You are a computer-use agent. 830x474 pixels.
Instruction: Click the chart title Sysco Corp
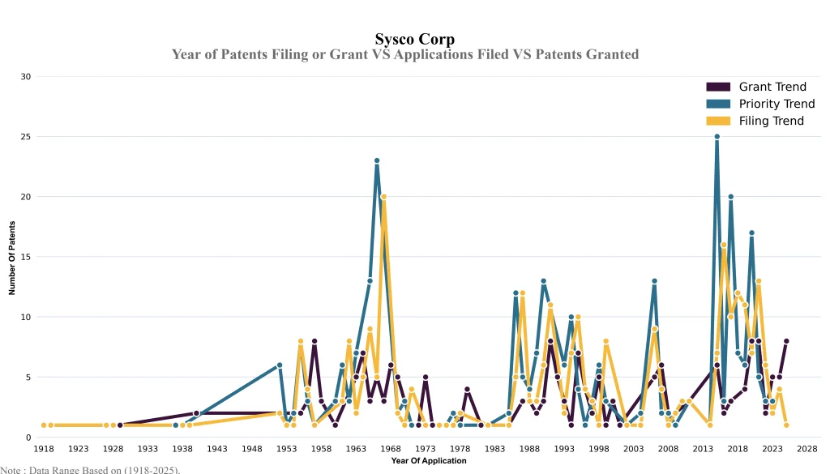[x=414, y=39]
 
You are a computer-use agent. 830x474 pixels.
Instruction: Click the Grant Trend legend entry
[x=770, y=87]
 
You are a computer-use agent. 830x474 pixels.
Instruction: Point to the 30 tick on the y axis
[x=25, y=77]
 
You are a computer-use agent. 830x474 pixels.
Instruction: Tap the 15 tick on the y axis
[x=25, y=257]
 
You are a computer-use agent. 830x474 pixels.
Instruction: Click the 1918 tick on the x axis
[x=44, y=448]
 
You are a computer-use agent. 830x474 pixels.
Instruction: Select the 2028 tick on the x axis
[x=806, y=448]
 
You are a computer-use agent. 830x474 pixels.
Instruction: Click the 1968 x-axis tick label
[x=391, y=448]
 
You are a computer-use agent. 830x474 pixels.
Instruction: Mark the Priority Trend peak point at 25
[x=717, y=137]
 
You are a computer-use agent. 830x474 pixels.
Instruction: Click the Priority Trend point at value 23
[x=377, y=160]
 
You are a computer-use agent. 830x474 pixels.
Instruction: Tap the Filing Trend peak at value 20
[x=383, y=197]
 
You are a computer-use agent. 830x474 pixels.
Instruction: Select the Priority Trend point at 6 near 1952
[x=280, y=365]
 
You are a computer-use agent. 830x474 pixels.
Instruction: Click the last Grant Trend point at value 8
[x=786, y=341]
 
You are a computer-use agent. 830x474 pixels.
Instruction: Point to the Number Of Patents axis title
[x=12, y=257]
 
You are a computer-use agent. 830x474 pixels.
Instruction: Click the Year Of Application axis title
[x=428, y=460]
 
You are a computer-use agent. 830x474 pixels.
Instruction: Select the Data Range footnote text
[x=90, y=469]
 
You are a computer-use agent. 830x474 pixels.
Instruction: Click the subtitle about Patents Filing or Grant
[x=405, y=54]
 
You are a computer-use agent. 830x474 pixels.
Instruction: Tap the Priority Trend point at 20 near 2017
[x=730, y=197]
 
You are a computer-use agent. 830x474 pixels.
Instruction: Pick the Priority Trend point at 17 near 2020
[x=751, y=233]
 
